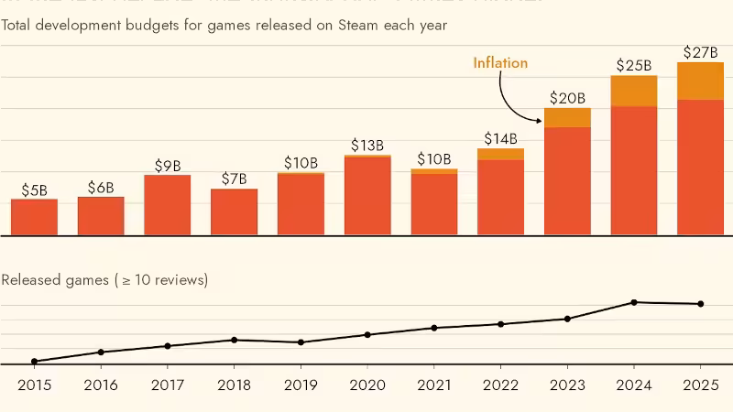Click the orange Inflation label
[x=500, y=63]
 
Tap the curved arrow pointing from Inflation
[x=509, y=99]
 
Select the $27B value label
[x=701, y=52]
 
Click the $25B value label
[x=633, y=65]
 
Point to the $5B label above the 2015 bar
[x=34, y=190]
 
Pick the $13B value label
[x=367, y=146]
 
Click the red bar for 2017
[x=168, y=204]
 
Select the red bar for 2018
[x=235, y=211]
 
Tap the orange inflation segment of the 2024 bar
[x=634, y=91]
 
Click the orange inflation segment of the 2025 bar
[x=701, y=81]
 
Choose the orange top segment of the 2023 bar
[x=567, y=117]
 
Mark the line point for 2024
[x=634, y=302]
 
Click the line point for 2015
[x=34, y=361]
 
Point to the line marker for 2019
[x=301, y=342]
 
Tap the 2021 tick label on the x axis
[x=433, y=386]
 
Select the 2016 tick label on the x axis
[x=101, y=386]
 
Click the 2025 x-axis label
[x=701, y=386]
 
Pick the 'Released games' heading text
[x=56, y=279]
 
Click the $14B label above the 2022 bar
[x=500, y=139]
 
